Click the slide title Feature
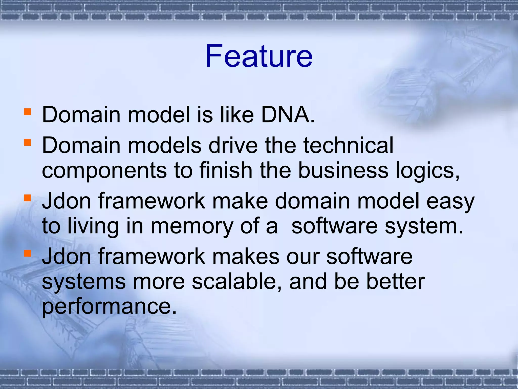(x=259, y=56)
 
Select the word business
(x=343, y=170)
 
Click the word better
(x=396, y=282)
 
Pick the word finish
(x=226, y=170)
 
